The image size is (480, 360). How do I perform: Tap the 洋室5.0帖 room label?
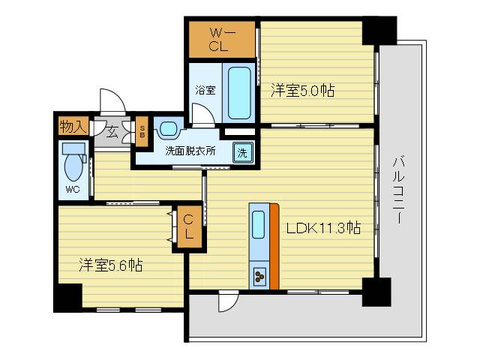(302, 91)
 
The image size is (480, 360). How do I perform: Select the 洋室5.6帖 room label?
(111, 265)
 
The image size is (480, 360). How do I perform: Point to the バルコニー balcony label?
(398, 187)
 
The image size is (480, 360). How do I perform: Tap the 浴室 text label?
(205, 91)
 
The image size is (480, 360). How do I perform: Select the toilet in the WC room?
(73, 162)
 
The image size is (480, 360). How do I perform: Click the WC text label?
(73, 189)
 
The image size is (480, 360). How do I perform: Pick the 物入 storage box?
(73, 126)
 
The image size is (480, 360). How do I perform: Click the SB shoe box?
(142, 131)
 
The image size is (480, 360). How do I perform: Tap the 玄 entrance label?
(112, 133)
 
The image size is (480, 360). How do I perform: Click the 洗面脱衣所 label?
(190, 150)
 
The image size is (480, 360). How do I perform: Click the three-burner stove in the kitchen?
(259, 277)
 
